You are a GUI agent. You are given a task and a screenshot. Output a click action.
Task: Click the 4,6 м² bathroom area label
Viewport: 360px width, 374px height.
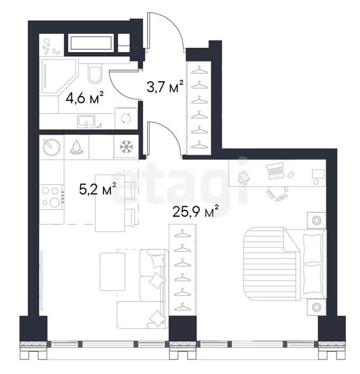click(x=85, y=98)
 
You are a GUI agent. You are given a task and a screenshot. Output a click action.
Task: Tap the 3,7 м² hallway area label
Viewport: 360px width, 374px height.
click(x=165, y=86)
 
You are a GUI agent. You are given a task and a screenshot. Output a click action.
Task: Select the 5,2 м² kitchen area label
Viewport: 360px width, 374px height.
click(x=98, y=189)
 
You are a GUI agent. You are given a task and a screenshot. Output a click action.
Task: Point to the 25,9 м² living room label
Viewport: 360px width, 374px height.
click(x=195, y=212)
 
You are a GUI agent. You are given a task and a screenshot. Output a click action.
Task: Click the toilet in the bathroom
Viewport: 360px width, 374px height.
click(x=95, y=73)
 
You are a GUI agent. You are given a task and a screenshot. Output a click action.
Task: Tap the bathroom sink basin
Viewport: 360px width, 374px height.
click(x=86, y=121)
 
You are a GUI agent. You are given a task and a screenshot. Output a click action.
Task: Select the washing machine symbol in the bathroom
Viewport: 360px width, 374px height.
click(x=126, y=119)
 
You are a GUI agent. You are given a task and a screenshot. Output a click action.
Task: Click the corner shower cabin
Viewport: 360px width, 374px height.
click(x=59, y=76)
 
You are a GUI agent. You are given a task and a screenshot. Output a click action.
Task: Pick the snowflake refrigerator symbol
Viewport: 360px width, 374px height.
click(x=126, y=147)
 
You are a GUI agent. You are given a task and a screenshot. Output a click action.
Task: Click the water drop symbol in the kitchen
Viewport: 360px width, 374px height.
click(x=77, y=147)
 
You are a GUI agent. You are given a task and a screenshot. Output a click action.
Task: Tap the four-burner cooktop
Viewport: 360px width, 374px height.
click(x=51, y=197)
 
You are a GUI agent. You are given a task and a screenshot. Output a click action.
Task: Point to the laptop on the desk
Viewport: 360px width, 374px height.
click(x=275, y=171)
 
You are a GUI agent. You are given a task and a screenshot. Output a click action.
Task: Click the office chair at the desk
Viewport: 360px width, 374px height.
click(x=278, y=193)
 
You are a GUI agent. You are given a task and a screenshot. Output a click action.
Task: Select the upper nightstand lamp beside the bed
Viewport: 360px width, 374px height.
click(x=317, y=220)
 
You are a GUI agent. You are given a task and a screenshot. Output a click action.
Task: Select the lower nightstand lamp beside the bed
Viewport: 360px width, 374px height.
click(x=317, y=307)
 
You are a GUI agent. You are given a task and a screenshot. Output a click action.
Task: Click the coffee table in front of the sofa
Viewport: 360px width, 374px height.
click(x=113, y=272)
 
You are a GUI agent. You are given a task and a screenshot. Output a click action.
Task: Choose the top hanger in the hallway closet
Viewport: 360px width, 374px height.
click(x=199, y=70)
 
